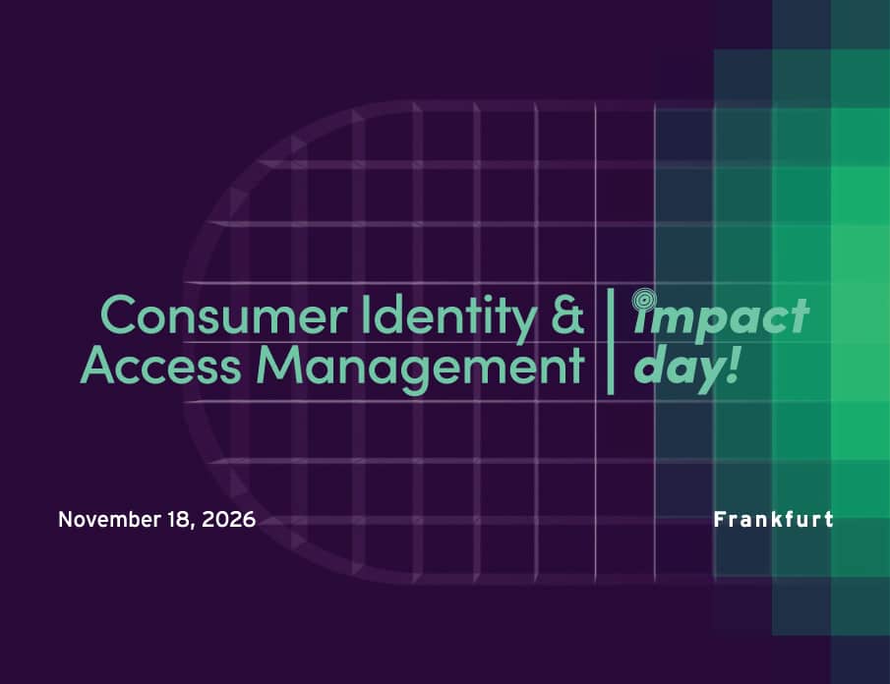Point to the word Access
tap(160, 367)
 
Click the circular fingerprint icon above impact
tap(645, 296)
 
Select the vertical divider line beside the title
tap(611, 340)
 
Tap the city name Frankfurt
tap(773, 519)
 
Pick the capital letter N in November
tap(65, 520)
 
